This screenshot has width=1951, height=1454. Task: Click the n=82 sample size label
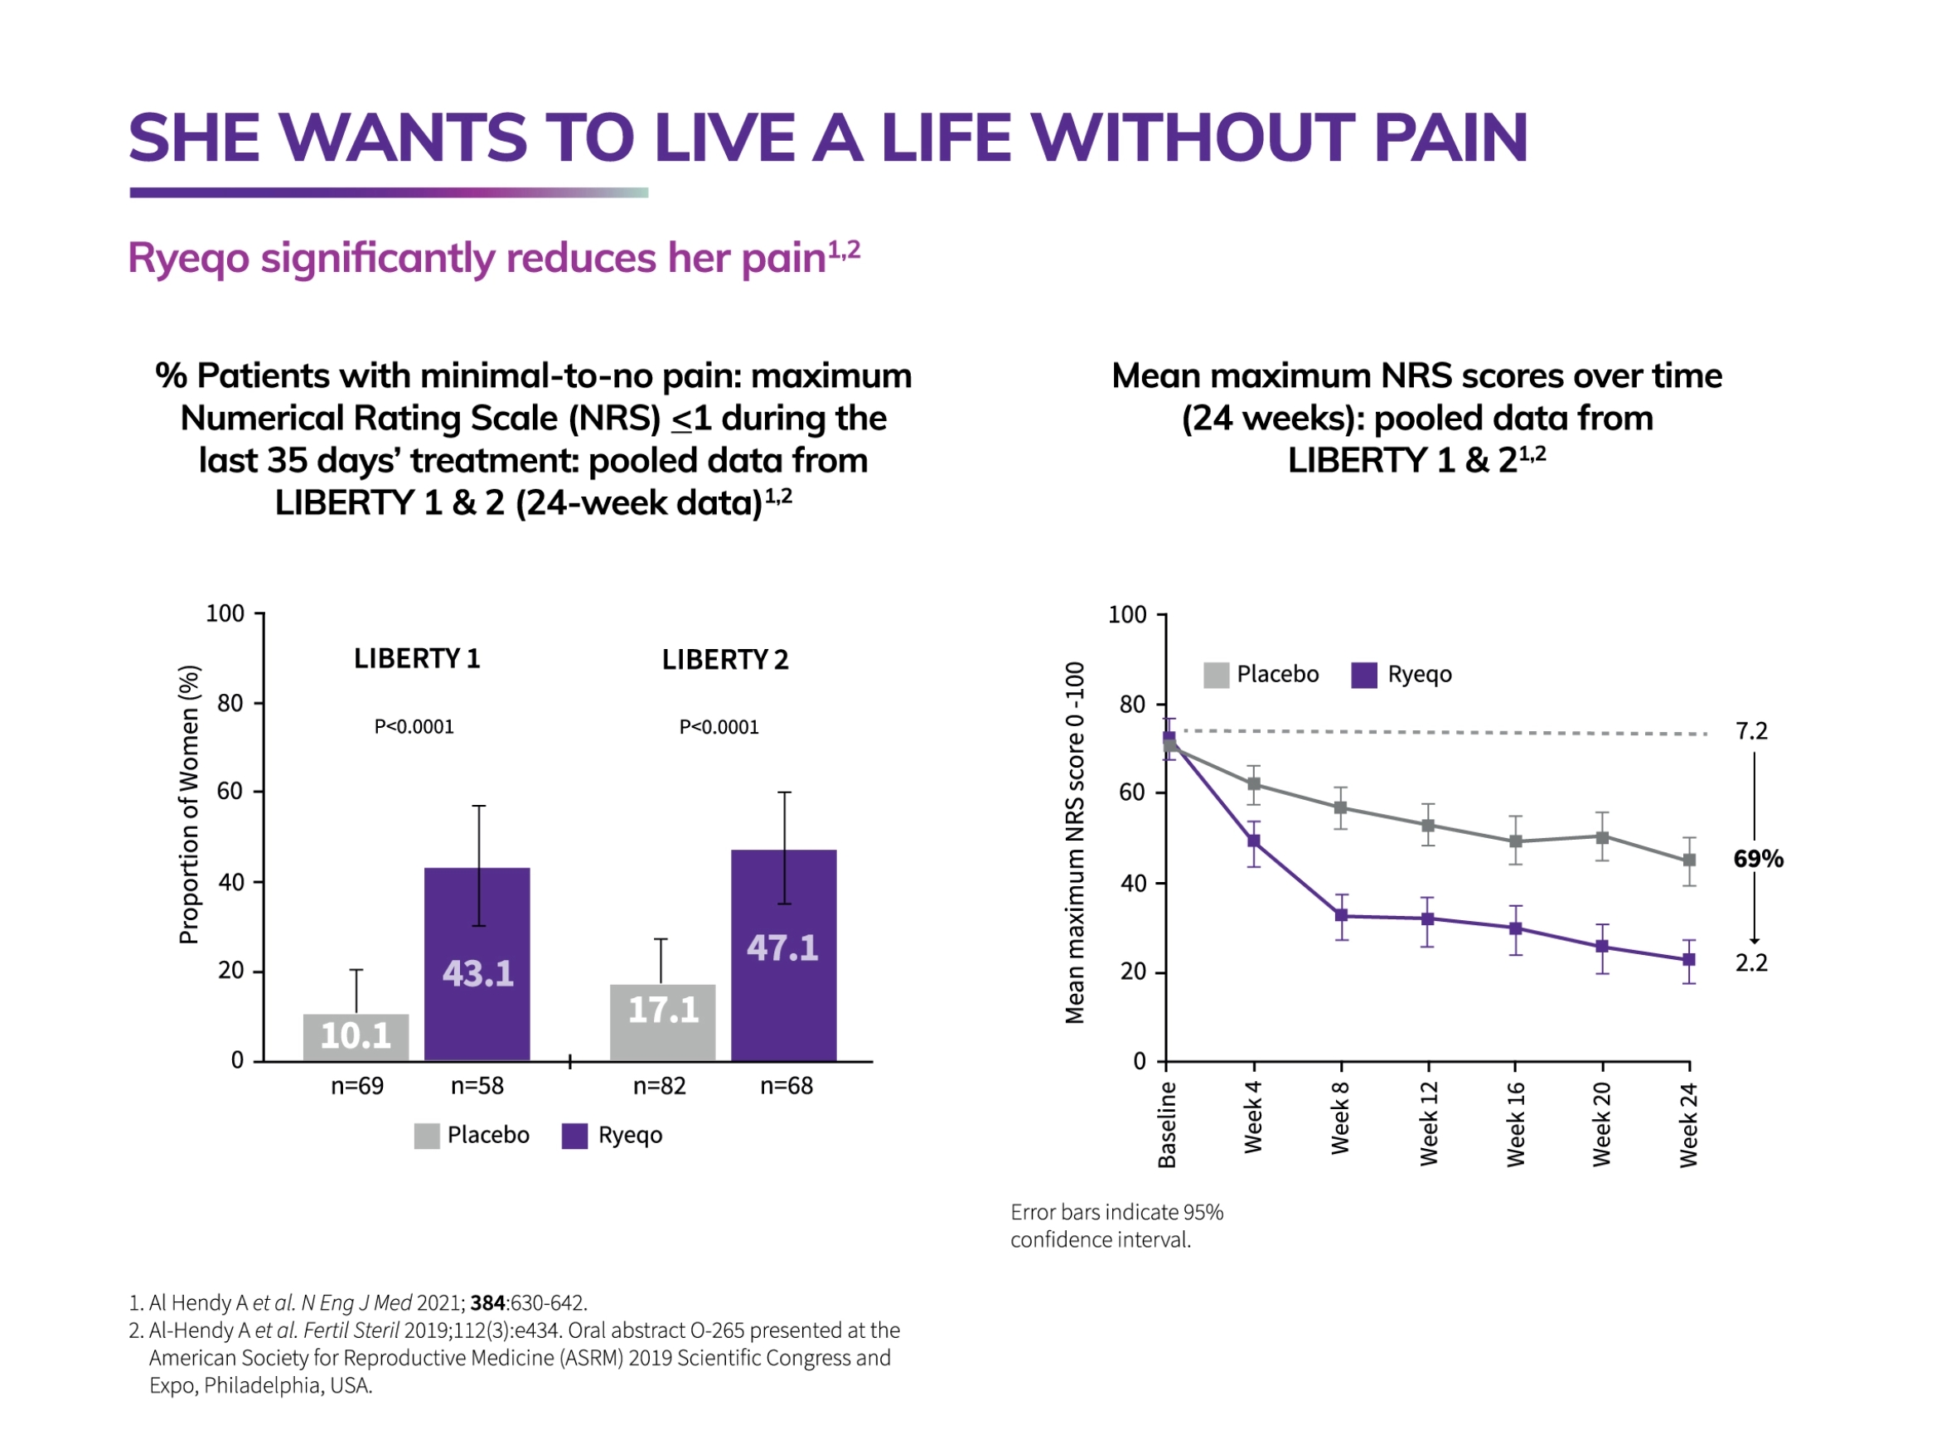tap(659, 1085)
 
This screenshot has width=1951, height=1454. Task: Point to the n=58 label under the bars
tap(477, 1085)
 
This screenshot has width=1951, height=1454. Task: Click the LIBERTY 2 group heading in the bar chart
tap(724, 659)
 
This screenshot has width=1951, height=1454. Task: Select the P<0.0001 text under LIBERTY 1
tap(414, 726)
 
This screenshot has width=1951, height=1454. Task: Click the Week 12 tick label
tap(1427, 1124)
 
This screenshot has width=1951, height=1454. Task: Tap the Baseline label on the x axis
tap(1167, 1124)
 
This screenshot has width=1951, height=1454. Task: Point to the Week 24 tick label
tap(1688, 1124)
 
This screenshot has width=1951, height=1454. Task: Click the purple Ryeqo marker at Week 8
tap(1340, 915)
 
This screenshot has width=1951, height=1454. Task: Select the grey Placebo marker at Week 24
tap(1688, 860)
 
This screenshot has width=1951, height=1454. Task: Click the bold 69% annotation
tap(1756, 858)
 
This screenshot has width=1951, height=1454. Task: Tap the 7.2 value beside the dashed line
tap(1750, 730)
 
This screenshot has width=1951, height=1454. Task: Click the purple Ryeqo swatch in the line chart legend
tap(1363, 675)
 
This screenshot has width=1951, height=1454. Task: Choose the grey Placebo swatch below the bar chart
tap(427, 1136)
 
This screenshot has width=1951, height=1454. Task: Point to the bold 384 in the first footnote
tap(487, 1301)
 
